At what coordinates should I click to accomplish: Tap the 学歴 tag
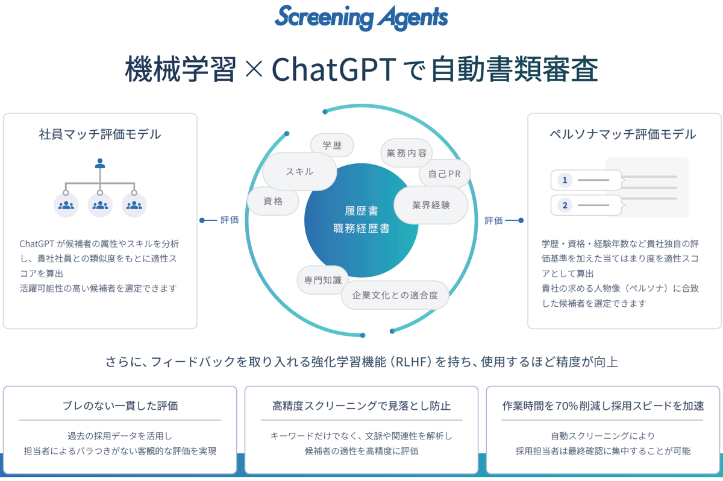pos(332,145)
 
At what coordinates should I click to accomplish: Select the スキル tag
pos(299,171)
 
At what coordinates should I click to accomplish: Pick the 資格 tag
pos(273,201)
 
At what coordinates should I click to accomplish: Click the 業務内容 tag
pos(407,152)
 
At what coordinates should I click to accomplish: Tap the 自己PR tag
pos(445,174)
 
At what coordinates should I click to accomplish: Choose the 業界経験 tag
pos(431,205)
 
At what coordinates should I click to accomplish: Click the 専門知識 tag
pos(323,280)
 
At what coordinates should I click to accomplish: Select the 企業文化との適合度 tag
pos(395,295)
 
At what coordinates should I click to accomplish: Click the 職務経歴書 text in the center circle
pos(361,229)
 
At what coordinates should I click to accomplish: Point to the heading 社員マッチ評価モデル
pos(100,134)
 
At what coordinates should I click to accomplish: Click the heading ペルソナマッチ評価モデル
pos(623,134)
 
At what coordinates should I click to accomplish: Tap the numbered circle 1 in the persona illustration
pos(565,180)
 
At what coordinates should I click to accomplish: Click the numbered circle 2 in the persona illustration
pos(565,205)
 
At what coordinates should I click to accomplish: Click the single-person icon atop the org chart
pos(100,163)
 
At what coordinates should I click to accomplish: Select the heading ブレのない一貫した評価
pos(120,406)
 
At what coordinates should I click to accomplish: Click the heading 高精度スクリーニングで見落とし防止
pos(361,406)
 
